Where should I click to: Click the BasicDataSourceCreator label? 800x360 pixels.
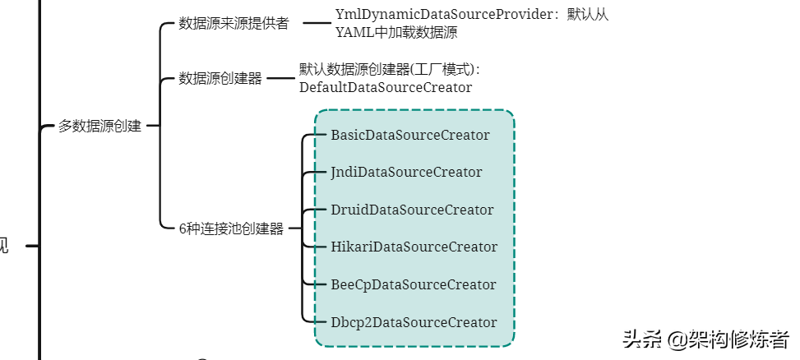point(409,135)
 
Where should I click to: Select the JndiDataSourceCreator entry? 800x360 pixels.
point(406,172)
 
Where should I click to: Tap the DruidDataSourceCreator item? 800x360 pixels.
point(412,210)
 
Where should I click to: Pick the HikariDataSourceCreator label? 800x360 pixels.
point(414,247)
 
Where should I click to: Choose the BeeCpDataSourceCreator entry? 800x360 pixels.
point(413,284)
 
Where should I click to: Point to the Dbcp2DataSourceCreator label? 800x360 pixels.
point(414,322)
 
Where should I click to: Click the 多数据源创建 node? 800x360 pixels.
point(99,126)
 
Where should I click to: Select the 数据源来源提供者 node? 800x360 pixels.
point(234,23)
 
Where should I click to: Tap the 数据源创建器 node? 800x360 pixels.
point(220,78)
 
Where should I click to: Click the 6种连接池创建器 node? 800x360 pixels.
point(231,228)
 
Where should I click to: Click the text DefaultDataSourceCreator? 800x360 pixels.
point(386,87)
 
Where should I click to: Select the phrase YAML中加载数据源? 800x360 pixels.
point(396,33)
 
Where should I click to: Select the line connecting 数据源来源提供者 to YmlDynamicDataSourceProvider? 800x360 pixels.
point(316,23)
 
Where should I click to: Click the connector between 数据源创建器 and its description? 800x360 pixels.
point(280,78)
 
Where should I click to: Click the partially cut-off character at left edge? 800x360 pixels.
point(3,245)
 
